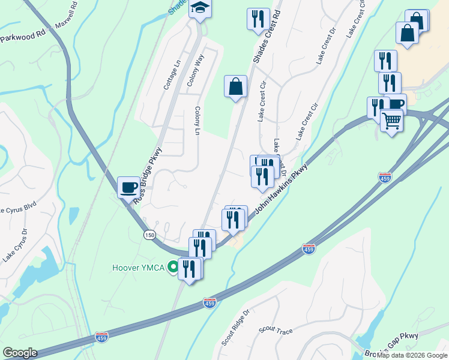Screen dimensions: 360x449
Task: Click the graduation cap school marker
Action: (x=200, y=8)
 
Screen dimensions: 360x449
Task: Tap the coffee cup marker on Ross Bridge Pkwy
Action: (x=128, y=187)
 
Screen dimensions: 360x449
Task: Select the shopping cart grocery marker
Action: (x=391, y=121)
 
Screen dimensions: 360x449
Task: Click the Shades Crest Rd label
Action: (x=267, y=35)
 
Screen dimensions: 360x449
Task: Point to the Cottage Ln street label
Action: (x=171, y=74)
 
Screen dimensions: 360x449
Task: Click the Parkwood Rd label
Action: (x=23, y=36)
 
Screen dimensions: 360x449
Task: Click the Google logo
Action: (x=20, y=353)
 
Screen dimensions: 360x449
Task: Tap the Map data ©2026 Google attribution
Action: (x=412, y=355)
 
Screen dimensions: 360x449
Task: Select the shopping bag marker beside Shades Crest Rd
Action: (x=235, y=86)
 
